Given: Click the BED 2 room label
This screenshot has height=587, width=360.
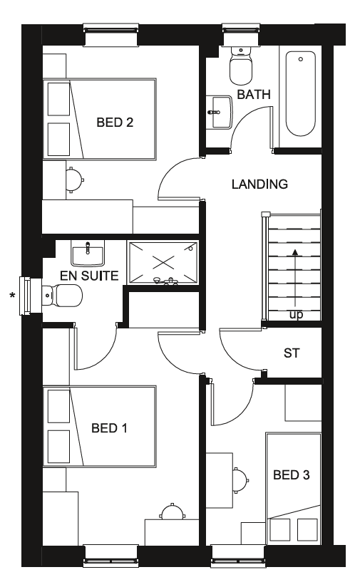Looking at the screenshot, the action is coord(115,122).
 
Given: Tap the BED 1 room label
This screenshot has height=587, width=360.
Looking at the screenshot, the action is coord(109,427).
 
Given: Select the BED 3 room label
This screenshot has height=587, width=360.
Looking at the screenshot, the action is coord(292,474).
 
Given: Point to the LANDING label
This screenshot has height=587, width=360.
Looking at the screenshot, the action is coord(259,184).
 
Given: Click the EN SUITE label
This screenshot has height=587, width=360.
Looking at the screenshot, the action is coord(89,276).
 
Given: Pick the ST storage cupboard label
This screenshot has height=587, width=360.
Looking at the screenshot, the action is coord(292,353).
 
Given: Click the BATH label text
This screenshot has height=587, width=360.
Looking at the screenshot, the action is coord(254,94).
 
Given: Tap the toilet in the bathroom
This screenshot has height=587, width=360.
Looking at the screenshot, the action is coord(240,66).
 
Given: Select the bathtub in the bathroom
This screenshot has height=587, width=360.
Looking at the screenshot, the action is coord(300,93).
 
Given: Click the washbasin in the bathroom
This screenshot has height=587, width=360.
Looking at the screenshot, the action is coord(219,112).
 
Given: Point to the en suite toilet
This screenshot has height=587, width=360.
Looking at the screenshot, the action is coord(62,295).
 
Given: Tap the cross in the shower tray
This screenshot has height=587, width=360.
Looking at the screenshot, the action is coord(163,262).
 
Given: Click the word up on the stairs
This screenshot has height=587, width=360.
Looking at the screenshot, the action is coord(296,315).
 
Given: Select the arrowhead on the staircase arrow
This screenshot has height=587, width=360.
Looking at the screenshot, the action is coord(295,252).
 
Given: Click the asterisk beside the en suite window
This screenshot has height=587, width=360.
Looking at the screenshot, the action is coord(12,296).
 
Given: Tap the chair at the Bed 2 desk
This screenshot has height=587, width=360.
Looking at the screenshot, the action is coord(75,180).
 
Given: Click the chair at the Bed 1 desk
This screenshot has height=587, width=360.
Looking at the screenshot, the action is coord(173,511).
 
